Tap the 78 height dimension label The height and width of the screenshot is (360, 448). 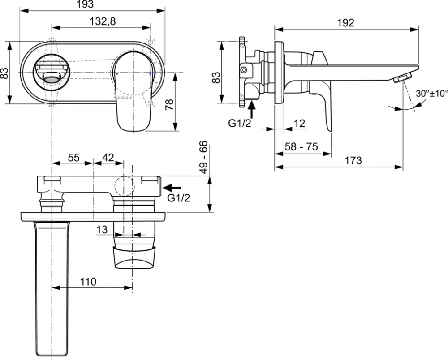[169, 105]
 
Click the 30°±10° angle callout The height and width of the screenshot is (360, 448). [432, 94]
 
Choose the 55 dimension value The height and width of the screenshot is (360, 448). [73, 158]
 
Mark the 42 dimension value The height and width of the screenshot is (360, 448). [108, 158]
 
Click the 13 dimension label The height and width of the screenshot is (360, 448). [102, 230]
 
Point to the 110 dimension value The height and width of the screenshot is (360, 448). [88, 282]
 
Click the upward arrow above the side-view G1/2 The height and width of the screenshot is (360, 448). [251, 108]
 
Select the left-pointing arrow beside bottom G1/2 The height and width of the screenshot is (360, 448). [173, 188]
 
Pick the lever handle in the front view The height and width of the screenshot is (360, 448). [133, 90]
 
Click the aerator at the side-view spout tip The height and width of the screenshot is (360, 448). [401, 78]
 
